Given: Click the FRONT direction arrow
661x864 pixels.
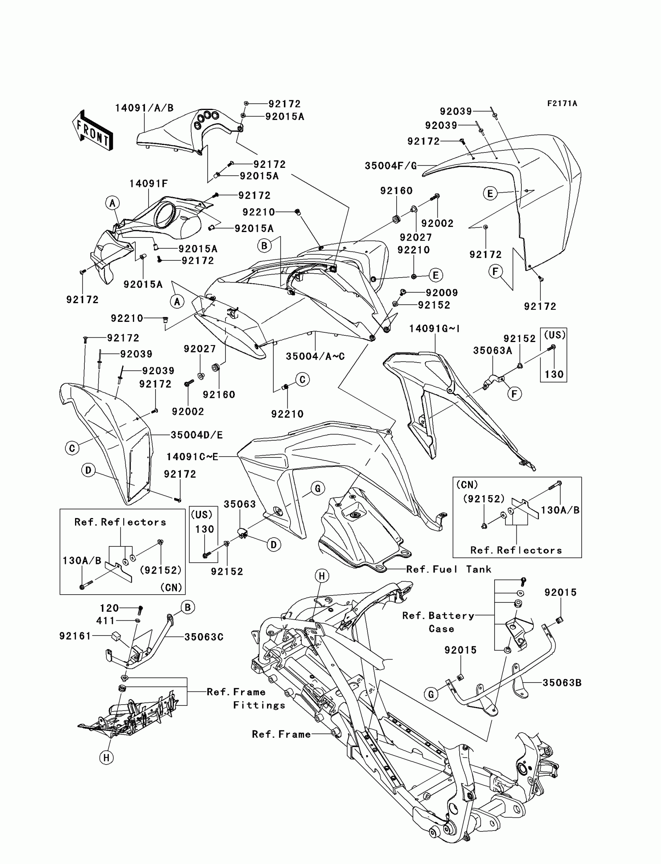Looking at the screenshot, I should pos(93,130).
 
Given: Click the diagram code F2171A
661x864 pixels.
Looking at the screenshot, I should pos(562,103).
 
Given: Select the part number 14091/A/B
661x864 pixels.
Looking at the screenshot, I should pos(144,108).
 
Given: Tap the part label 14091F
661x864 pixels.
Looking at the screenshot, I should pos(148,184).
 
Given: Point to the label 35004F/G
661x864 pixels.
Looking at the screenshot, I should pos(391,166).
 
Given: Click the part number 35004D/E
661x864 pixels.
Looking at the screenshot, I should pos(197,435).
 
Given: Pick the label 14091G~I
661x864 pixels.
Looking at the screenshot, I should pos(434,328).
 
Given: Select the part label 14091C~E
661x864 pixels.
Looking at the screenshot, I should pos(192,457).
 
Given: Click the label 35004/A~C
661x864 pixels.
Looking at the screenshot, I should pos(315,356).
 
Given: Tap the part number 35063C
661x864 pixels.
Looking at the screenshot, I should pos(204,637).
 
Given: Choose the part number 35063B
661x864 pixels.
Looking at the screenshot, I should pos(562,683).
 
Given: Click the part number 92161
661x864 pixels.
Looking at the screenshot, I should pos(75,636).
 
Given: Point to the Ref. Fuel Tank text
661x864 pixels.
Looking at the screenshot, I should pos(449,569).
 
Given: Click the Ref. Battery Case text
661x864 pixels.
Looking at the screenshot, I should pos(438,622).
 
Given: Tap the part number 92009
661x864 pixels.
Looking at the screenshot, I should pos(442,293).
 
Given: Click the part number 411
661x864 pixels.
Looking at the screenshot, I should pos(105,621).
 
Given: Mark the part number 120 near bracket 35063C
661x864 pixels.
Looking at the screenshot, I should pos(109,608).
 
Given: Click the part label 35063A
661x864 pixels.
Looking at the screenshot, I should pos(493,351).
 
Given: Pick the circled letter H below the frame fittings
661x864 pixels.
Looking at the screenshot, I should pos(106,758).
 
